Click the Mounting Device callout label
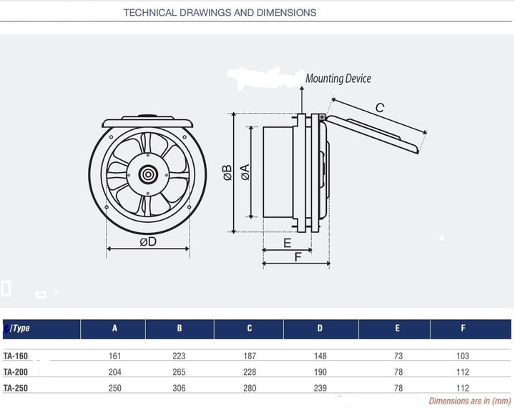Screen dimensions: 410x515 coord(338,79)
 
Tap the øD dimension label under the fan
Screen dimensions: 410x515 coord(148,243)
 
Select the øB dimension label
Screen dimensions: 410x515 coord(227,172)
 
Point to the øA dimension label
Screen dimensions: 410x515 coord(245,172)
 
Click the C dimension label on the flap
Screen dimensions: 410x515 coord(380,108)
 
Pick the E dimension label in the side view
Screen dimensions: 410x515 coord(288,243)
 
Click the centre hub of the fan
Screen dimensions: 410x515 coord(148,174)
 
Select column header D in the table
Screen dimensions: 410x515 coord(320,329)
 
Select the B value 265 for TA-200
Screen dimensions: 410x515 coord(180,371)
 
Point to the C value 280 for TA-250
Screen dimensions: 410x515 coord(250,388)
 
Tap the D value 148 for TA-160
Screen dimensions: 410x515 coord(320,355)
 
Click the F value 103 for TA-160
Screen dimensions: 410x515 coord(463,355)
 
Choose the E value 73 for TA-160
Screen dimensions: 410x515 coord(398,355)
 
